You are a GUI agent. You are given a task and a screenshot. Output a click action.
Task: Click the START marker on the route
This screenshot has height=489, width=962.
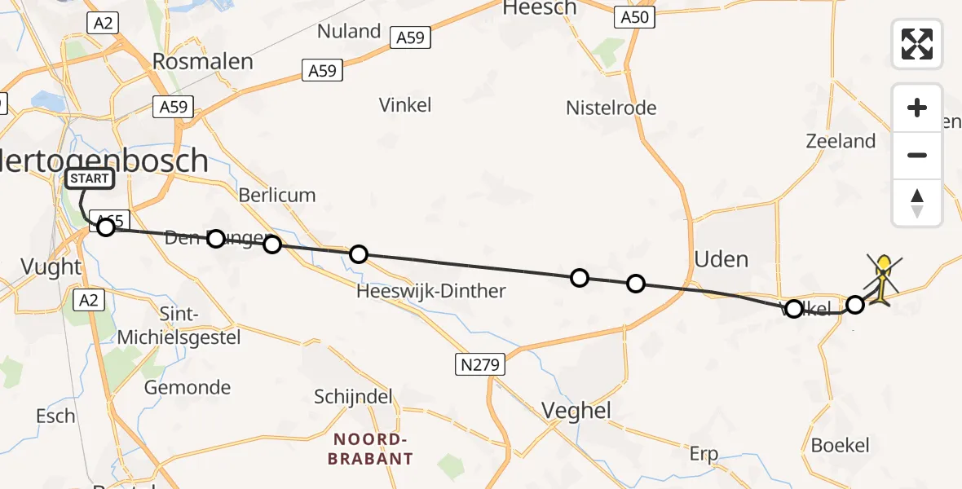(89, 178)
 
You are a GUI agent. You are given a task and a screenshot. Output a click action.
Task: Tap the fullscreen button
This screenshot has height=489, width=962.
(917, 44)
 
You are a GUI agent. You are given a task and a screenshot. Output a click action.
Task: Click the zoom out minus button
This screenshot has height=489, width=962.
(917, 155)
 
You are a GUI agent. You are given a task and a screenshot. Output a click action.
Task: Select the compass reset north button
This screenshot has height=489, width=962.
(917, 203)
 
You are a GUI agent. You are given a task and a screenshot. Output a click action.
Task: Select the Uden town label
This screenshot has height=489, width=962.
(721, 259)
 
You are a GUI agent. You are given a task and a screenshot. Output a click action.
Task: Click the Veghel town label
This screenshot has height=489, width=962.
(576, 410)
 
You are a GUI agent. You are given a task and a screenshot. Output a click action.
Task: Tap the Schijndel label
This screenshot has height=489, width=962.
(353, 397)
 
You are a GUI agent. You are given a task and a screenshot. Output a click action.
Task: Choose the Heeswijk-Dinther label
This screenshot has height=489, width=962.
(431, 291)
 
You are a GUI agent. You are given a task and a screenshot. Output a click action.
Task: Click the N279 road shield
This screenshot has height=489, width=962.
(479, 364)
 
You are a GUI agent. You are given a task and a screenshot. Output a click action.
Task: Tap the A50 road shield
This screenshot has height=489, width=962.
(634, 17)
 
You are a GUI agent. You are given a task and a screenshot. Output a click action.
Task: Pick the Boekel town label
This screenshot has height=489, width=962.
(840, 445)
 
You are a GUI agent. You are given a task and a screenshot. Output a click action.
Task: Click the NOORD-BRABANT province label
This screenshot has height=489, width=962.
(370, 448)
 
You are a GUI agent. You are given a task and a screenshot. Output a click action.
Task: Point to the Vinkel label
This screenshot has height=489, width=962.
(405, 104)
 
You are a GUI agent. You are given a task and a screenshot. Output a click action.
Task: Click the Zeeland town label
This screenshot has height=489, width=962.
(840, 141)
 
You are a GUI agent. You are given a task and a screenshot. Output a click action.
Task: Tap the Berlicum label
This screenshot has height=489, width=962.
(277, 195)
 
